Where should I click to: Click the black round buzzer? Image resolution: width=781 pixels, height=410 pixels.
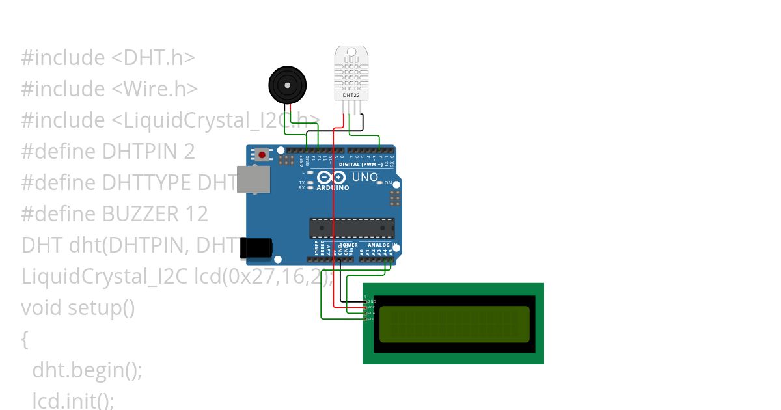click(287, 85)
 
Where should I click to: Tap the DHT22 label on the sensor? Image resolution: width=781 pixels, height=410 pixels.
click(351, 96)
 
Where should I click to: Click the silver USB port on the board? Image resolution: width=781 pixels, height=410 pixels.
click(253, 179)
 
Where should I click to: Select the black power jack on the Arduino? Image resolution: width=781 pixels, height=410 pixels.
click(255, 247)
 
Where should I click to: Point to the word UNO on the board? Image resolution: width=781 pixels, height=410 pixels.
click(364, 177)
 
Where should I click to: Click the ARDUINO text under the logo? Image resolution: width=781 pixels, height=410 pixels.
click(333, 188)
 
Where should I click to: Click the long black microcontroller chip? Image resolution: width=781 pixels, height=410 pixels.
click(351, 228)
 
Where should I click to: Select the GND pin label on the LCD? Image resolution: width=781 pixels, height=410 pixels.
click(372, 301)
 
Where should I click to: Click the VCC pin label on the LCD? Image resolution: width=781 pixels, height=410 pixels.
click(372, 307)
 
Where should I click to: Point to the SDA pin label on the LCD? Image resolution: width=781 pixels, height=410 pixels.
click(372, 313)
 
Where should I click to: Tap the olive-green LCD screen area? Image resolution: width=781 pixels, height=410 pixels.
click(454, 323)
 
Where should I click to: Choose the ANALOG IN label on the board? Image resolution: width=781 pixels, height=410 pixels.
click(383, 245)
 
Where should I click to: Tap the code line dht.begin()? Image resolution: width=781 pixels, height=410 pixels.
click(87, 370)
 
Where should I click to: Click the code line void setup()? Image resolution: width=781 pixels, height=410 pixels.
click(78, 307)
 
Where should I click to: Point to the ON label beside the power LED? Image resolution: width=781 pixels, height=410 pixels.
click(389, 183)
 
